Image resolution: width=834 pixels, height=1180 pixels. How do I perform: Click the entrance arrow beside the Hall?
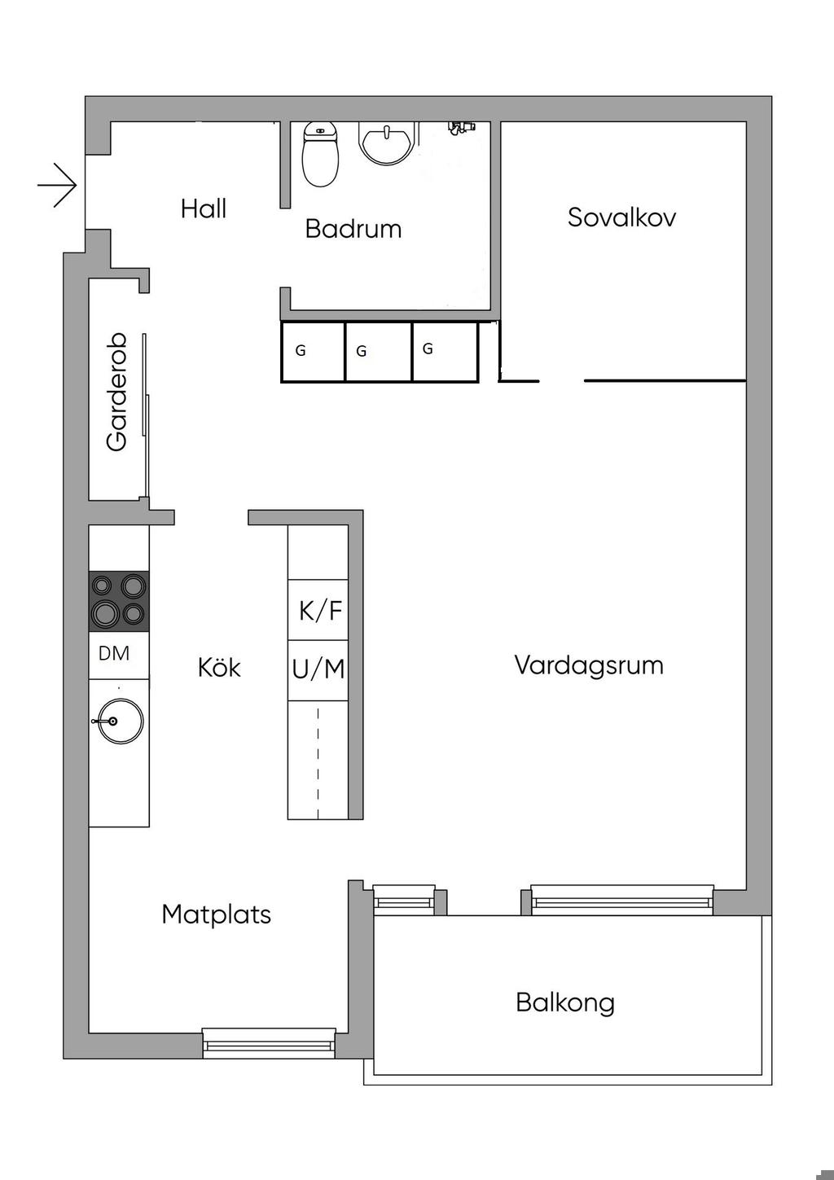pos(58,186)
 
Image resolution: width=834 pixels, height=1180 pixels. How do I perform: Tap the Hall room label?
pos(204,208)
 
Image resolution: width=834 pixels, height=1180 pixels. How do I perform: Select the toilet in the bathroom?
pos(320,154)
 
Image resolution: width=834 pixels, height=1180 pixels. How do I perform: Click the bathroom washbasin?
pos(387,143)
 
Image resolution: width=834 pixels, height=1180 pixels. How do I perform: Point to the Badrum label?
pos(353,229)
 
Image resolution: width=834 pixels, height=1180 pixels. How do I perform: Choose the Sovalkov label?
pos(621,217)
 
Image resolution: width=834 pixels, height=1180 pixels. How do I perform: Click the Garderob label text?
pos(116,392)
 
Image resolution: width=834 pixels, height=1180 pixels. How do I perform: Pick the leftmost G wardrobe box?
pos(313,351)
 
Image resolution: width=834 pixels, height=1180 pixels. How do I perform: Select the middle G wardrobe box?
pos(378,351)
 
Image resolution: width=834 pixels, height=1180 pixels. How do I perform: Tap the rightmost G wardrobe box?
pos(446,351)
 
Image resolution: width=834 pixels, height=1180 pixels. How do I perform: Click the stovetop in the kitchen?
pos(119,601)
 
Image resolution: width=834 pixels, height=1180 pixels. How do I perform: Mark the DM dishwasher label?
pos(114,654)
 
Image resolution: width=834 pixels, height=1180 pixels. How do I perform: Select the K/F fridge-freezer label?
pos(320,611)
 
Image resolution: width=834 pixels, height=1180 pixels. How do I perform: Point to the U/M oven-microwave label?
pos(318,670)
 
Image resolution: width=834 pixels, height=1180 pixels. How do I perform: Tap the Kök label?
pos(219,668)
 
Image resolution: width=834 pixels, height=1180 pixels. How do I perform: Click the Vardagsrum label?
pos(589,665)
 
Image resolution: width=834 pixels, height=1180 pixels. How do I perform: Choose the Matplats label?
pos(216,915)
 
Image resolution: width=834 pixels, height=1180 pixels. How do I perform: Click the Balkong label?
pos(565,1002)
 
